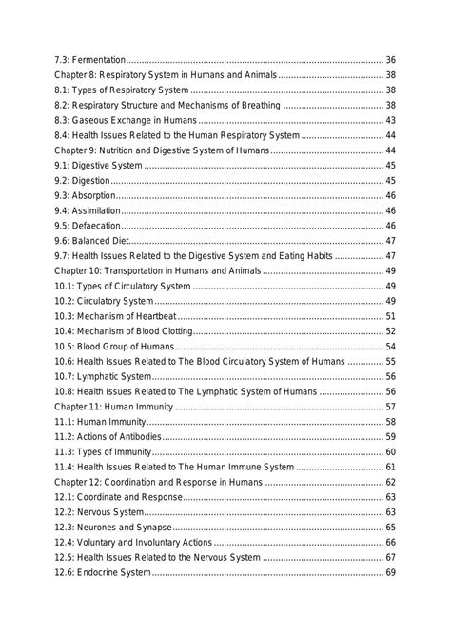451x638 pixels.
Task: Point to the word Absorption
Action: point(96,195)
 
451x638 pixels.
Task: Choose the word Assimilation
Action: point(98,210)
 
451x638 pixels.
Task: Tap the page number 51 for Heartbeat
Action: point(390,316)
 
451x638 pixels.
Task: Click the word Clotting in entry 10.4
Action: point(171,331)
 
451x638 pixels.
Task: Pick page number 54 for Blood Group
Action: point(390,347)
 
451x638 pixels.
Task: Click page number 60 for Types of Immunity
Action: point(390,451)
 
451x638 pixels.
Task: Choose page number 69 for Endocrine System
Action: point(390,572)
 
